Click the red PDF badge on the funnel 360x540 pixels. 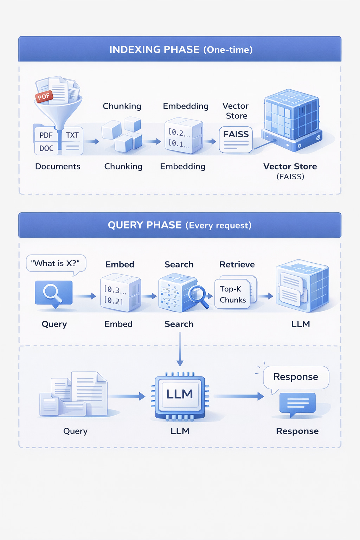pos(44,96)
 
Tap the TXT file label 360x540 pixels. pos(72,135)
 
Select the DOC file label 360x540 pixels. pos(46,148)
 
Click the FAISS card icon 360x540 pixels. pos(236,140)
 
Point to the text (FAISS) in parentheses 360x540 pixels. pos(290,176)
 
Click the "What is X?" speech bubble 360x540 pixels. pos(56,263)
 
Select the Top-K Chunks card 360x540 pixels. pos(233,294)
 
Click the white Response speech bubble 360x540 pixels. pos(296,377)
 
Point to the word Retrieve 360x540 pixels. pos(237,264)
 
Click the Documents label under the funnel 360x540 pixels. pos(58,166)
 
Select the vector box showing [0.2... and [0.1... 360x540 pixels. pos(184,136)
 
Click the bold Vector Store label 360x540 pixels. pos(290,166)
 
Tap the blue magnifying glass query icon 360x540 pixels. pos(53,292)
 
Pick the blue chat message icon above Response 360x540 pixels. pos(297,403)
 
